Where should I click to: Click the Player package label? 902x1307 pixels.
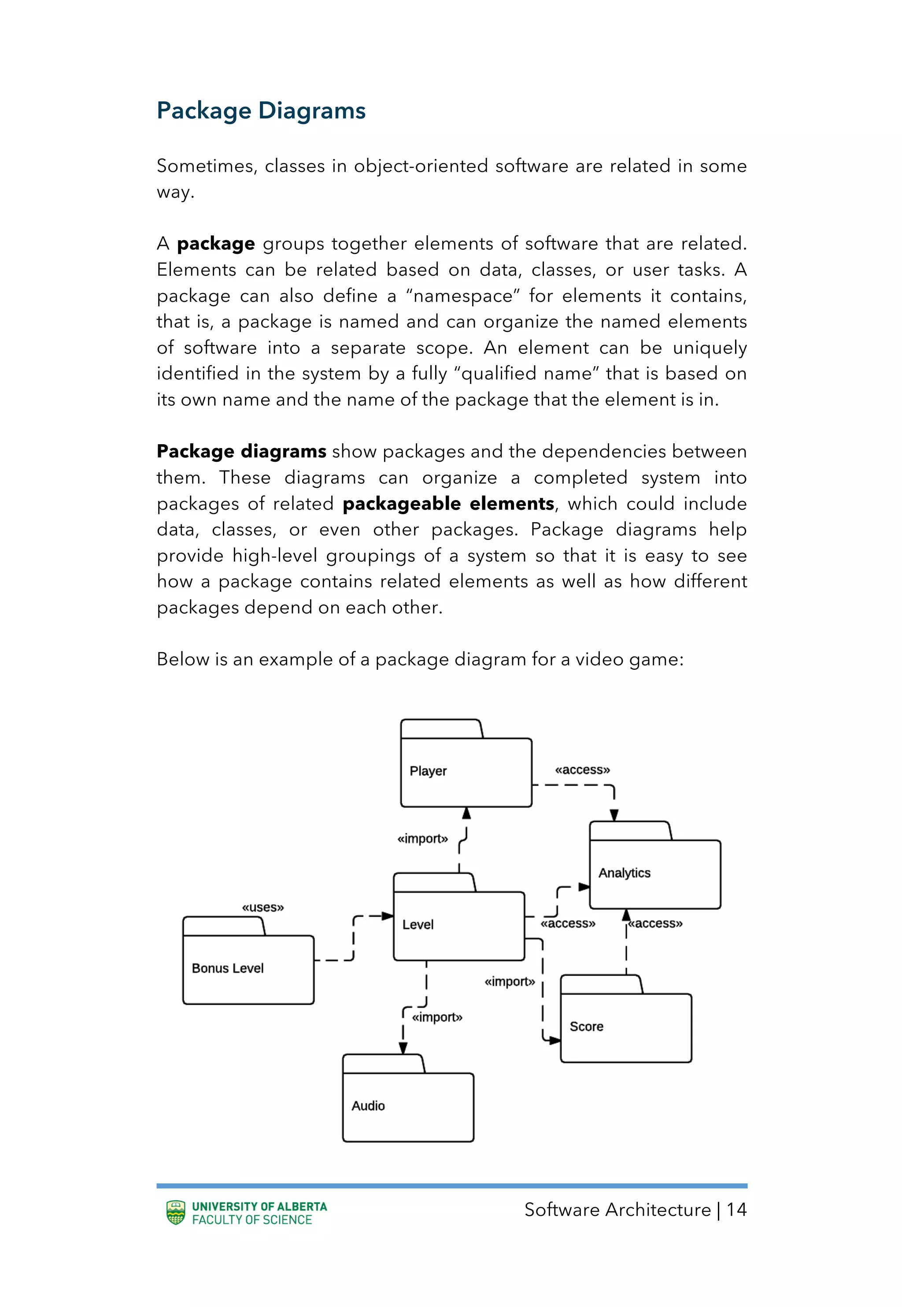point(428,771)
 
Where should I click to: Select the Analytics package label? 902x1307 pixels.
point(625,873)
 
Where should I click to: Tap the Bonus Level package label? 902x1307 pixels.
point(228,969)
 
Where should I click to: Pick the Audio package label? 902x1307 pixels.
point(368,1106)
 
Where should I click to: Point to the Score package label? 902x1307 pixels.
point(586,1027)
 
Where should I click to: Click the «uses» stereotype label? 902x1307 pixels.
point(263,907)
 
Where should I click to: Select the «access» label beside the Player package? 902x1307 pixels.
point(582,769)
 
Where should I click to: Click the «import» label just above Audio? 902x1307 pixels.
point(437,1017)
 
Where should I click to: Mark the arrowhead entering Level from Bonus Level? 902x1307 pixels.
point(388,916)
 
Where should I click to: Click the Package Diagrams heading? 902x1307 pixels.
point(261,111)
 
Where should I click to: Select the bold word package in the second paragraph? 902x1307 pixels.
point(216,244)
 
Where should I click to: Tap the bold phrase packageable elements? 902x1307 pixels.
point(448,504)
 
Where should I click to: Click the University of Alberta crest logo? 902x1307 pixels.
point(176,1213)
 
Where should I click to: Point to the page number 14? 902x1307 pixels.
point(736,1209)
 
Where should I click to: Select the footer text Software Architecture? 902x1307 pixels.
point(617,1209)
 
